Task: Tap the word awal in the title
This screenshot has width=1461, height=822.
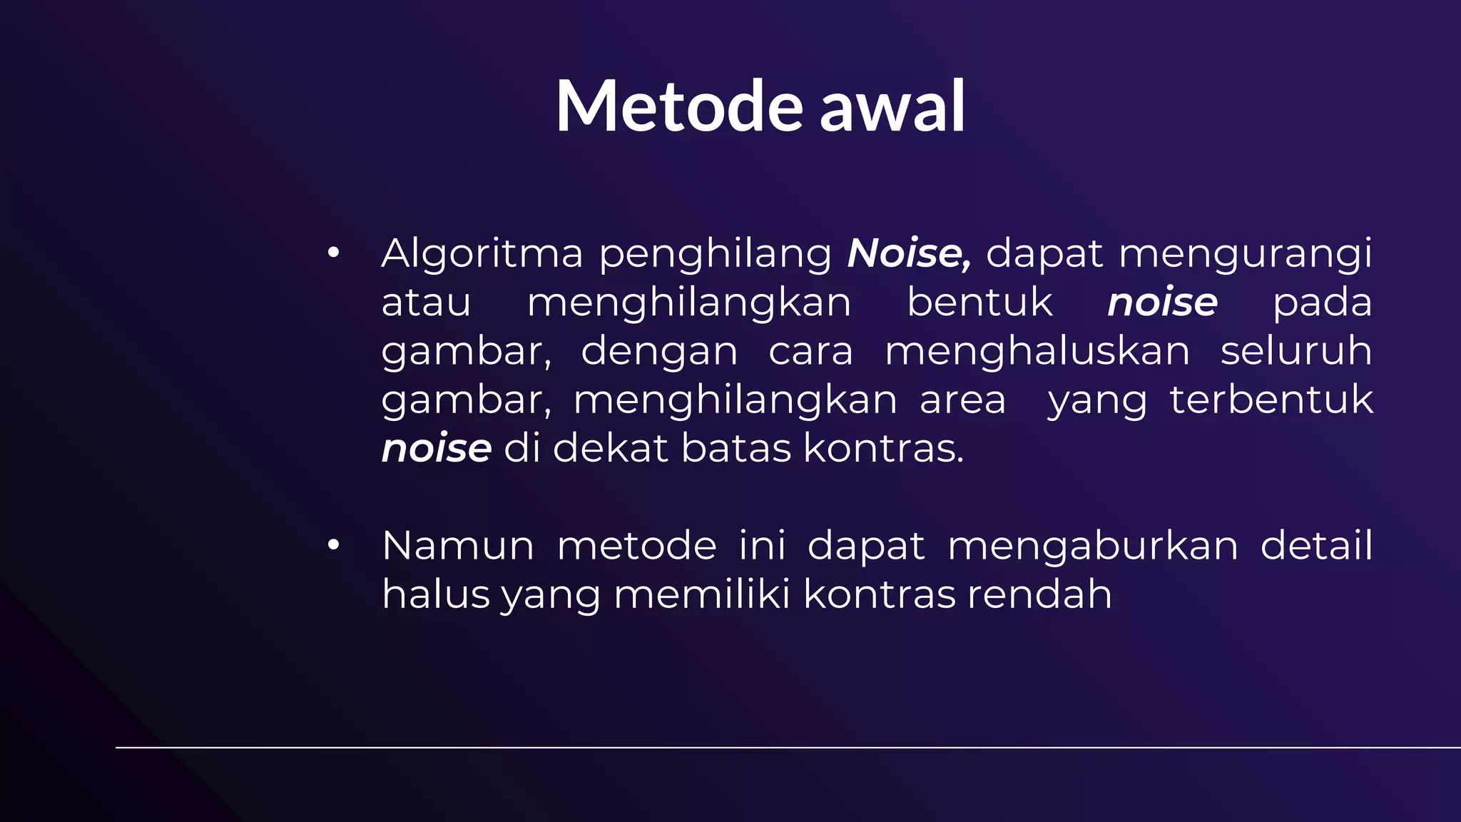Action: [x=892, y=107]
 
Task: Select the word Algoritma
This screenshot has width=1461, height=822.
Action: [x=482, y=254]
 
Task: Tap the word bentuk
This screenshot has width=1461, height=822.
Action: [x=979, y=302]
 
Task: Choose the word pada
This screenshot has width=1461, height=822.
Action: [x=1322, y=303]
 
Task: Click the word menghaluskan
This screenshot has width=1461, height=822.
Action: [x=1037, y=351]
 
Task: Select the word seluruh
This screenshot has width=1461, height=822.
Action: [x=1295, y=351]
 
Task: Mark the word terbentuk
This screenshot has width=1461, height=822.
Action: [x=1271, y=400]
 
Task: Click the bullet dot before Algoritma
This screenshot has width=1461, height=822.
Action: [x=333, y=253]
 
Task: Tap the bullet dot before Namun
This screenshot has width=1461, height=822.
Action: [x=333, y=545]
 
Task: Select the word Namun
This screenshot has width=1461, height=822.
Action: [x=458, y=546]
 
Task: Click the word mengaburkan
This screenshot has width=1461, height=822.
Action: [x=1093, y=547]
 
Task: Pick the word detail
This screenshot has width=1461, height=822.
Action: [x=1316, y=546]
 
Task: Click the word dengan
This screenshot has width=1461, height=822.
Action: [x=659, y=352]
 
